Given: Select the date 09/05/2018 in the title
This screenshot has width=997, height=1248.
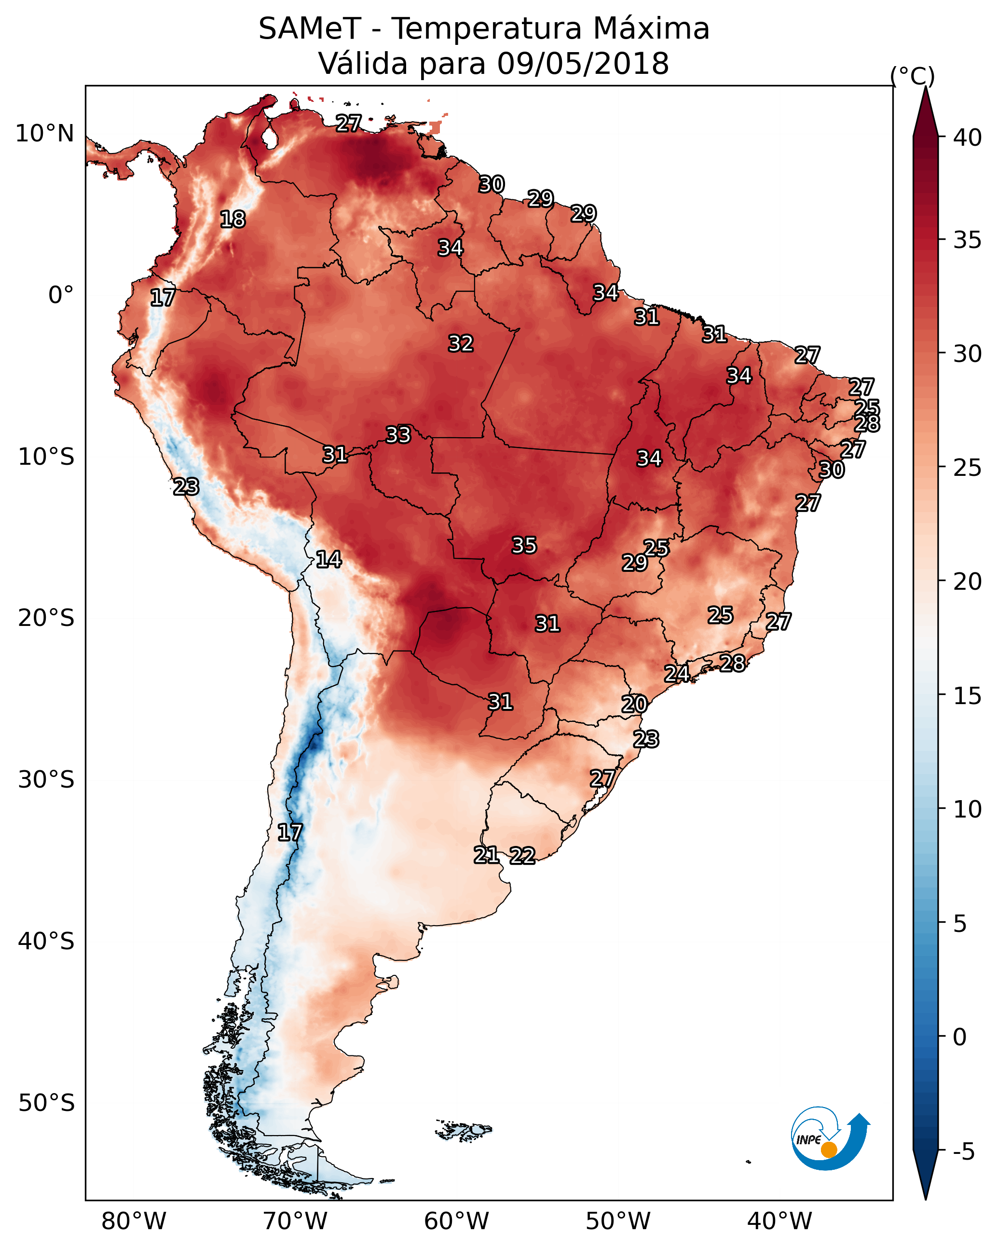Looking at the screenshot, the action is [583, 63].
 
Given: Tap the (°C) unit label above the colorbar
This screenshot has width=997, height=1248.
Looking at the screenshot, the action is [912, 76].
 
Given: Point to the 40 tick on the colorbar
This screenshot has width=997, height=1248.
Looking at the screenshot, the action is [968, 137].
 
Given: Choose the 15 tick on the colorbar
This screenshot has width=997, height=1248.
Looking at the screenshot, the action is [968, 695].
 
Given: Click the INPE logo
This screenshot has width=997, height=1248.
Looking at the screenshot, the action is [831, 1139].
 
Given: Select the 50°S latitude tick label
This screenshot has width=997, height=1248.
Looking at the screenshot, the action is [46, 1103].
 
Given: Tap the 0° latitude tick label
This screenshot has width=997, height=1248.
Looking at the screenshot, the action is [61, 295].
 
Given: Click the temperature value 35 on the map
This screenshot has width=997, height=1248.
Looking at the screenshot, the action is [524, 545].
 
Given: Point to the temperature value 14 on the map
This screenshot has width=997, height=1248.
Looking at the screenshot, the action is [328, 559].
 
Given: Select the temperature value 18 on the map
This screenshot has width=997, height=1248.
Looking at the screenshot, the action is [232, 220].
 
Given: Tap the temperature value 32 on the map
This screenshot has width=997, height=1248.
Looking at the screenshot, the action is [461, 344].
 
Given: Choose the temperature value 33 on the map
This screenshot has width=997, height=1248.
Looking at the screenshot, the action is [398, 435].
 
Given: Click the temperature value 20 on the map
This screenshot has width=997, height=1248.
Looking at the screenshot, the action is [634, 705].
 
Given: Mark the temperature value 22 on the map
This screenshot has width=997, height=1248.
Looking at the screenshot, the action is [522, 856].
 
